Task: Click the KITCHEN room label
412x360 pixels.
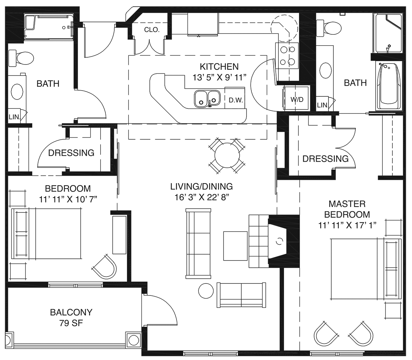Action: (x=219, y=67)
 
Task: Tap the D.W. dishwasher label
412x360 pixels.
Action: (x=236, y=100)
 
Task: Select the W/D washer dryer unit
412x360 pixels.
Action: (x=296, y=98)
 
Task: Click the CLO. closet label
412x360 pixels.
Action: (x=152, y=30)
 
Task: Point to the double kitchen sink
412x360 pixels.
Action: (x=207, y=99)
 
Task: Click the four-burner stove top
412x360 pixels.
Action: (x=287, y=56)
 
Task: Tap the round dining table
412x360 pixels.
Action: (x=227, y=155)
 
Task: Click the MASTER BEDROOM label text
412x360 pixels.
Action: (x=347, y=209)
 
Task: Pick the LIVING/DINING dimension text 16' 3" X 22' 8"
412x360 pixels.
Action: (x=202, y=197)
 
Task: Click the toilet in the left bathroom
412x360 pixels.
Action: (x=21, y=58)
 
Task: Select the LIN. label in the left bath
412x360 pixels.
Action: (x=14, y=117)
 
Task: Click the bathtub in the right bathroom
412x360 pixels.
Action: (x=388, y=86)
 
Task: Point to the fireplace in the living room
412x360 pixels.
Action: (x=277, y=241)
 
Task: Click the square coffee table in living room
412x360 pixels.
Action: (x=235, y=246)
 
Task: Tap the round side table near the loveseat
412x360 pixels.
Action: (x=206, y=291)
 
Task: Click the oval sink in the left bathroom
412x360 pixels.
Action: (x=17, y=92)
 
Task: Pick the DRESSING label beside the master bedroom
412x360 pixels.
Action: (x=325, y=159)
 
